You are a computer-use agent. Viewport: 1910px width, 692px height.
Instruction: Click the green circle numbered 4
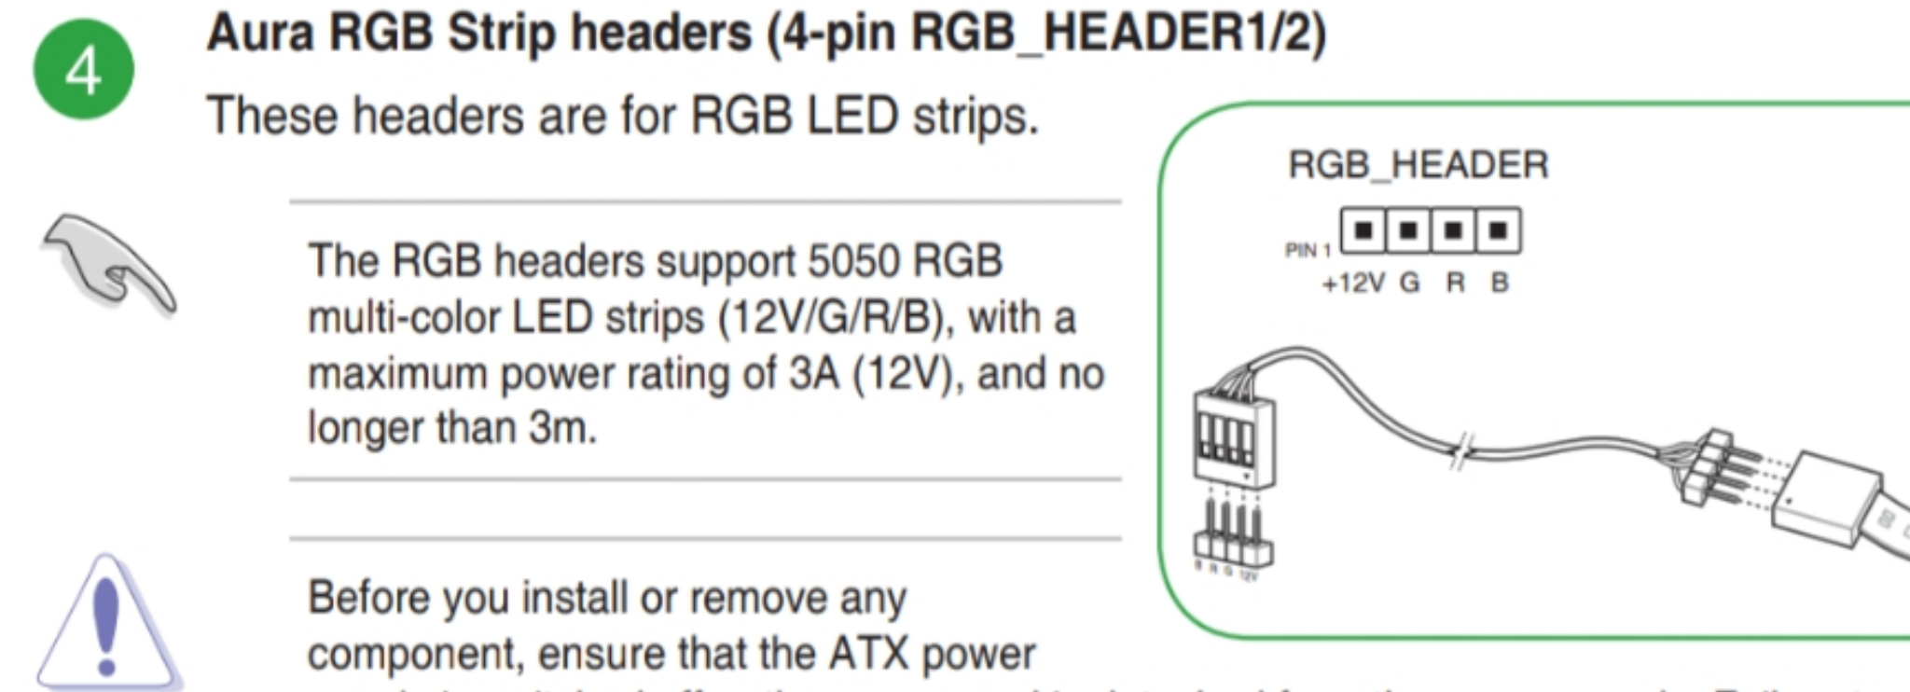84,70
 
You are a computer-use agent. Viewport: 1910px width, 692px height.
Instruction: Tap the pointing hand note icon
108,262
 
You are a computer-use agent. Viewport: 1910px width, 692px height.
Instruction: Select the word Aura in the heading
260,34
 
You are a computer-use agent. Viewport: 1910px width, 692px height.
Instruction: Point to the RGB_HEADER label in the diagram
1418,165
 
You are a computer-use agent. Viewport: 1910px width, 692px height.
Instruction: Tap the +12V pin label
1353,283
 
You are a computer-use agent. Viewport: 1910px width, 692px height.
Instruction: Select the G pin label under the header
1409,283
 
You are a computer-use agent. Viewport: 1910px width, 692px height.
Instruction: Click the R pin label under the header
1455,283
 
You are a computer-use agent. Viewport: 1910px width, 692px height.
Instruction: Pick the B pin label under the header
1500,283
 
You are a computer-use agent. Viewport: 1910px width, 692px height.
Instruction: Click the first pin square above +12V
1363,230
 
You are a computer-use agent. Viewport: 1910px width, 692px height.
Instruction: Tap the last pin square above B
1498,230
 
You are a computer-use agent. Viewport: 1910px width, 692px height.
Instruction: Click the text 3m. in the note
562,429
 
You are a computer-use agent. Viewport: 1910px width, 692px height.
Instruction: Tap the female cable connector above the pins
1234,438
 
